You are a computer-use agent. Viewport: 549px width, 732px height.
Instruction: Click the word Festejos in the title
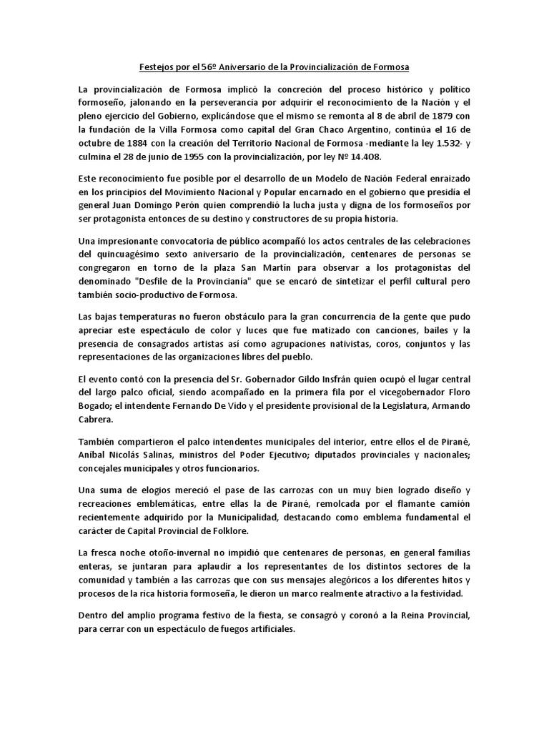tap(154, 68)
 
